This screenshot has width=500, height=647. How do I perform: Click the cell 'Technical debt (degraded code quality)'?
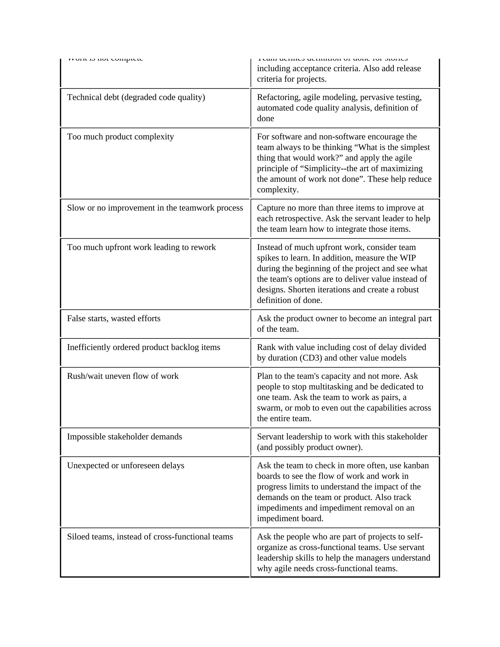click(136, 97)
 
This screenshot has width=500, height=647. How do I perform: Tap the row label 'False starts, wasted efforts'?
click(114, 318)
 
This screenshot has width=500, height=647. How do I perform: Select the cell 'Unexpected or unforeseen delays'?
click(125, 465)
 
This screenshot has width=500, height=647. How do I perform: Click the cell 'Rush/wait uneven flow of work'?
click(123, 376)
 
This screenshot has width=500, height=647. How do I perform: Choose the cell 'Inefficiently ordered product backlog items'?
click(143, 347)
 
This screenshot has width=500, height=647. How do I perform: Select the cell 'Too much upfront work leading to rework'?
click(141, 247)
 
